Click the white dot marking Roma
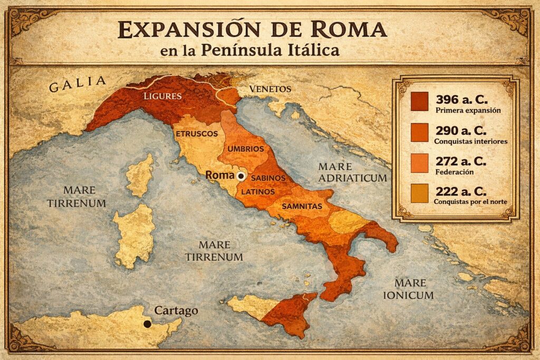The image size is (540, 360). [242, 176]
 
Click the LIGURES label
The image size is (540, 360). [163, 96]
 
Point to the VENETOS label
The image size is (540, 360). [270, 89]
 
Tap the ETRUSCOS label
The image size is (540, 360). [197, 134]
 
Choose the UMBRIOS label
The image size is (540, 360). [245, 149]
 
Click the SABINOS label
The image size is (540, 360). [268, 179]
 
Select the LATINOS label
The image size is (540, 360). [258, 192]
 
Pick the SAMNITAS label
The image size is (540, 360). [302, 206]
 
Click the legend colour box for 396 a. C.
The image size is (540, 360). [420, 102]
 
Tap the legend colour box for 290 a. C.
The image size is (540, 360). [420, 132]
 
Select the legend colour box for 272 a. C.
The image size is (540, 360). [420, 163]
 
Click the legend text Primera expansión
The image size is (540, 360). [468, 111]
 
